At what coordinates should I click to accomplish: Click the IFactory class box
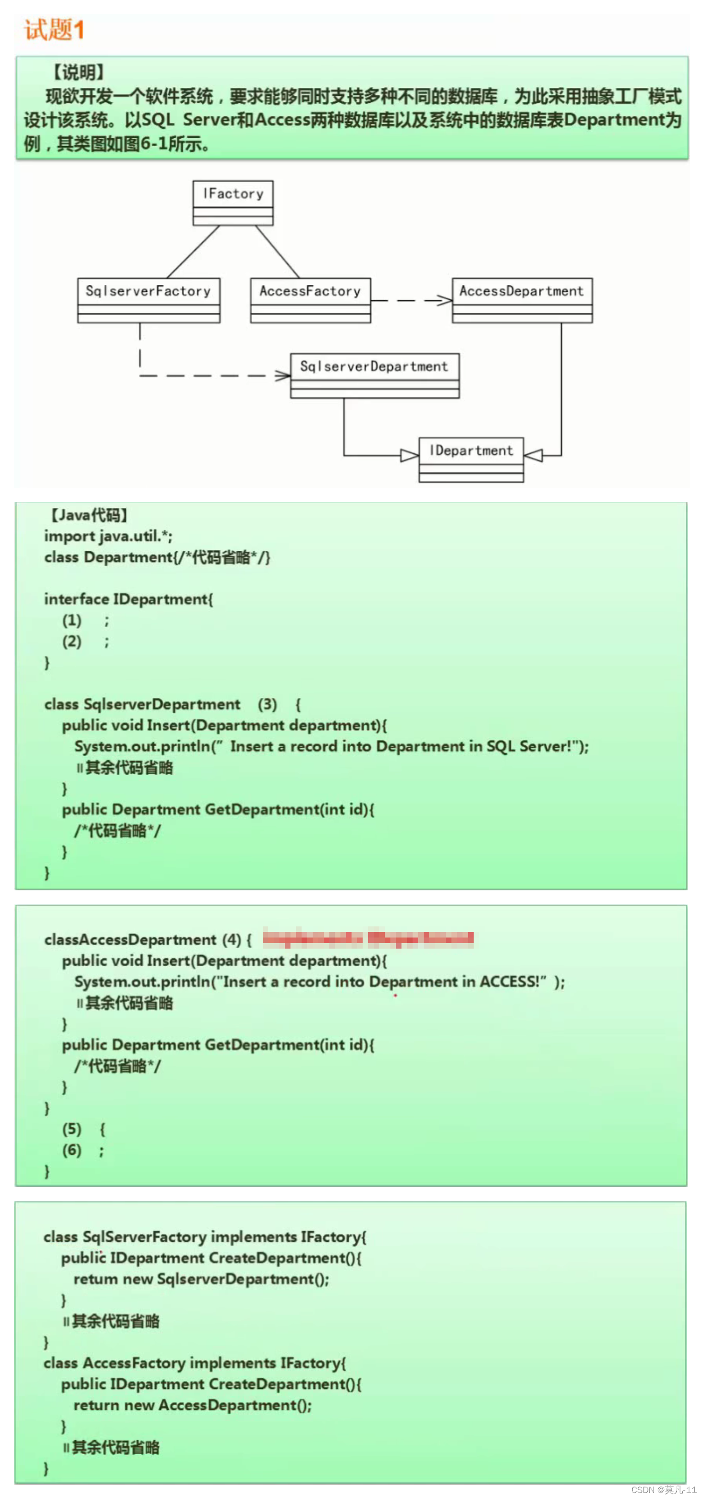pos(233,202)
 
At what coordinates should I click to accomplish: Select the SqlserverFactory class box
pos(148,300)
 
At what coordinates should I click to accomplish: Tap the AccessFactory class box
pos(310,300)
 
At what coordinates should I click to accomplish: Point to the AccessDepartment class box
pos(522,300)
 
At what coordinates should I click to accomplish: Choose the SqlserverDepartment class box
pos(374,376)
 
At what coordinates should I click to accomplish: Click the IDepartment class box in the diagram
pos(471,459)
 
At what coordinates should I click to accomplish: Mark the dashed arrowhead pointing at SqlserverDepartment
pos(283,376)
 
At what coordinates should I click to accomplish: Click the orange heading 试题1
pos(54,29)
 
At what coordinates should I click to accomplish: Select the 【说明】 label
pos(79,72)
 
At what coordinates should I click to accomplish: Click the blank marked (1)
pos(72,620)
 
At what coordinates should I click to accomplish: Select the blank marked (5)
pos(72,1129)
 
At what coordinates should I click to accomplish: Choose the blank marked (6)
pos(72,1150)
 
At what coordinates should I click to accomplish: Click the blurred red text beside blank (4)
pos(367,938)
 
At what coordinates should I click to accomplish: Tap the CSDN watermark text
pos(663,1489)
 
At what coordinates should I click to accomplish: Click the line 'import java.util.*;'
pos(108,536)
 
